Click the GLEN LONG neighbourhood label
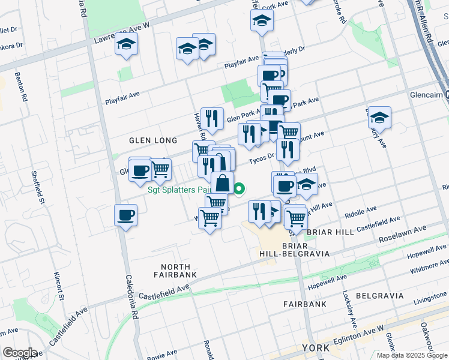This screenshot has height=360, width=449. click(153, 140)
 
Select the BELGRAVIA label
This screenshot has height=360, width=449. click(378, 296)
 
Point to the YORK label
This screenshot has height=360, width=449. click(316, 348)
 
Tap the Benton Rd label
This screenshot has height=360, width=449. click(25, 88)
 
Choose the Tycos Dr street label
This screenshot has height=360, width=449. click(261, 154)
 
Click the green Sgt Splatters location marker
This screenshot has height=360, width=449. click(239, 190)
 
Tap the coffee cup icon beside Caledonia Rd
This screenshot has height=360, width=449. click(126, 214)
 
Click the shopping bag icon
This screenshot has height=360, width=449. click(222, 182)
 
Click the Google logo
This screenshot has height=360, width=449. click(20, 353)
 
